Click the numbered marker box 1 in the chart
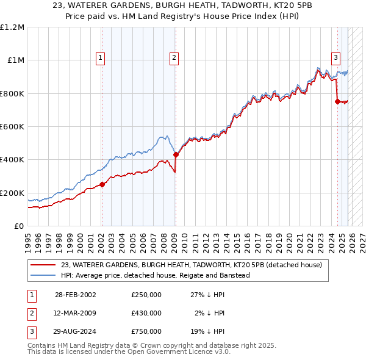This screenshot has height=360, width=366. point(100,58)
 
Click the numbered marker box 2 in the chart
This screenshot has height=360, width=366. point(174,58)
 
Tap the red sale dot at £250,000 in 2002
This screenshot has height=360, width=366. point(102,185)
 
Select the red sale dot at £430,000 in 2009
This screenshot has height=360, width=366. point(176,155)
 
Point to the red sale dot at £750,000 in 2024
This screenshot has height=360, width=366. point(337,102)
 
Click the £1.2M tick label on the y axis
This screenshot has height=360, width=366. point(12,27)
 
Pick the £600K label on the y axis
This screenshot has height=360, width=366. point(12,127)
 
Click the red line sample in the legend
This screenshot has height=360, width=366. point(43,265)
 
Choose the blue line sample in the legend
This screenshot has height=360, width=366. point(43,275)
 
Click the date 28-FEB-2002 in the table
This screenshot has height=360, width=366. point(75,294)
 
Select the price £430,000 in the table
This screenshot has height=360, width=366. point(146,313)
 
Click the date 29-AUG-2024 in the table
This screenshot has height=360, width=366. point(76,332)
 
